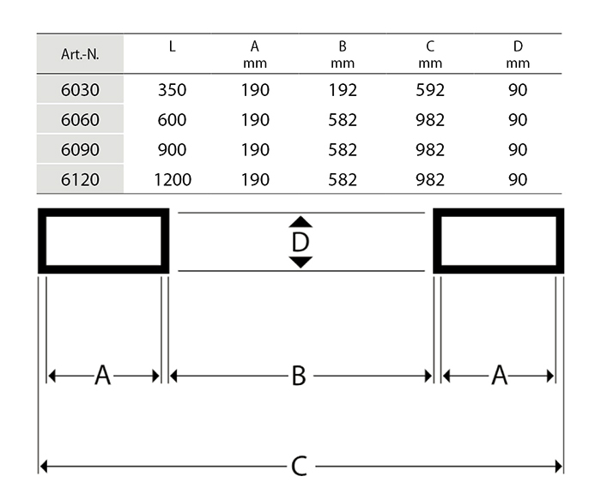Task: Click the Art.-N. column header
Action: point(81,54)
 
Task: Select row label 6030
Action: point(81,89)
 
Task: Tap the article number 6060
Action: point(81,120)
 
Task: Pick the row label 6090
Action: point(81,150)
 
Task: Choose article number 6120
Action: point(81,180)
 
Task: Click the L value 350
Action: point(172,89)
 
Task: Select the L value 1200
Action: point(172,180)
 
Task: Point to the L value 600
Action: point(172,120)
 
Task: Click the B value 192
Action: point(343,89)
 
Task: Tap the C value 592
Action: point(429,89)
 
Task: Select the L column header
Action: point(172,46)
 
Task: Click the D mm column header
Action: point(518,54)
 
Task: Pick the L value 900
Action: point(172,150)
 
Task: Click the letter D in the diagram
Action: point(300,242)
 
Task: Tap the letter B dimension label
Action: point(299,376)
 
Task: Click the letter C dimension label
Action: point(299,467)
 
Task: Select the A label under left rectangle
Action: point(102,376)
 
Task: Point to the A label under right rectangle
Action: point(499,376)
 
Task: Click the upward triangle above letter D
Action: point(300,222)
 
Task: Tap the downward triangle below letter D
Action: point(300,262)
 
